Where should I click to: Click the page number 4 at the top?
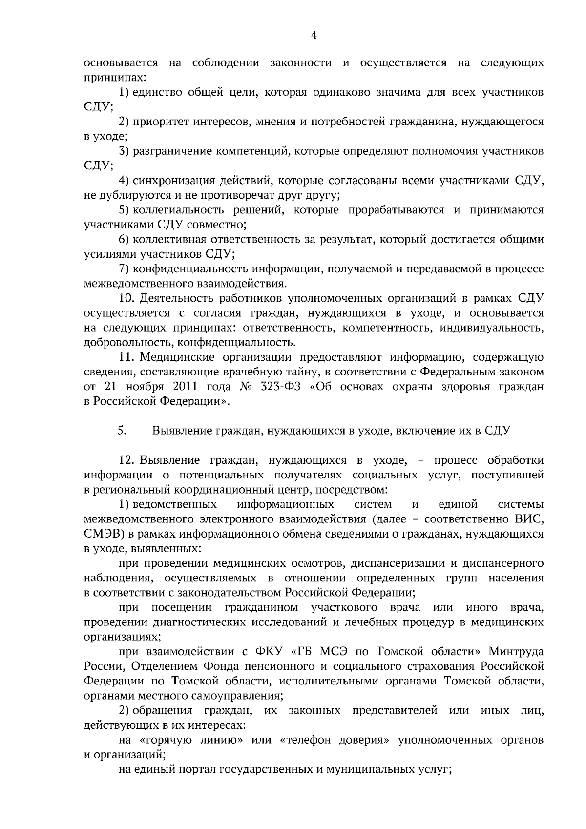tap(314, 35)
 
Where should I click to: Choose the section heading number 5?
tap(122, 431)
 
